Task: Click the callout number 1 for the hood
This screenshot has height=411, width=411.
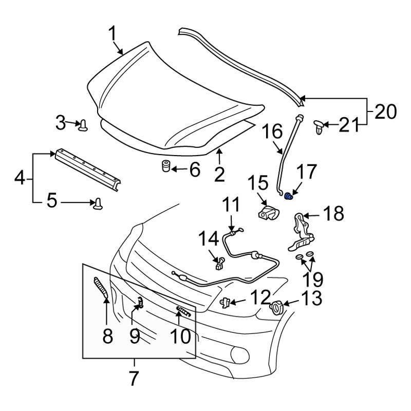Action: [x=113, y=34]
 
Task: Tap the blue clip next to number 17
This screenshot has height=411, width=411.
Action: [x=290, y=196]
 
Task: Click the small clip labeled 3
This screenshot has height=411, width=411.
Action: [x=83, y=124]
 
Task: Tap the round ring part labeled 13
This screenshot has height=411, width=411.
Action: [x=277, y=307]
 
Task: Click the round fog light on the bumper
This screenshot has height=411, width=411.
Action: [x=239, y=353]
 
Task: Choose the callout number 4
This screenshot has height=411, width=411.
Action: [x=19, y=179]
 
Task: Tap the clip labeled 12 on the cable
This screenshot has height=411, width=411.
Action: [x=225, y=302]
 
